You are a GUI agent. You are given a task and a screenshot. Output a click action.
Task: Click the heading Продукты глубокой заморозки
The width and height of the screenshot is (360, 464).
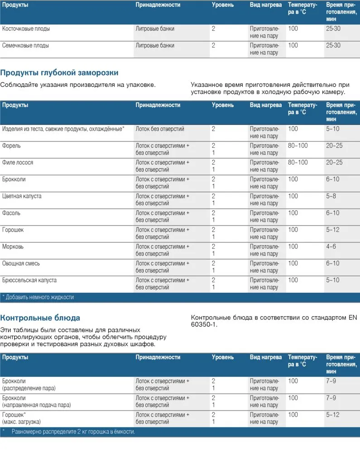pyautogui.click(x=59, y=72)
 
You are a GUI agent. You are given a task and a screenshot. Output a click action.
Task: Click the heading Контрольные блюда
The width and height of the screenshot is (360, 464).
pyautogui.click(x=40, y=318)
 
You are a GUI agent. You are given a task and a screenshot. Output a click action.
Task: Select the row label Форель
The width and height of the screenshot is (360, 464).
pyautogui.click(x=11, y=146)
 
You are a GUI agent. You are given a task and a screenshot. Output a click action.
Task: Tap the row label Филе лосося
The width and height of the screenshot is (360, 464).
pyautogui.click(x=18, y=163)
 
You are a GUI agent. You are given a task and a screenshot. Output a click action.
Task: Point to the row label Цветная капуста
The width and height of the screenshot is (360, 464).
pyautogui.click(x=22, y=196)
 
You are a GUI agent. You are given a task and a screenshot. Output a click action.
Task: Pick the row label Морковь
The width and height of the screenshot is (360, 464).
pyautogui.click(x=13, y=246)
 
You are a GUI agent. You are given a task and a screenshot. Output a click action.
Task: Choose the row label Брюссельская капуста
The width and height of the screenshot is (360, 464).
pyautogui.click(x=29, y=280)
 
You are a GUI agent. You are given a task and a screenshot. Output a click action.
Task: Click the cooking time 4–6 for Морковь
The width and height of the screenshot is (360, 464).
pyautogui.click(x=331, y=246)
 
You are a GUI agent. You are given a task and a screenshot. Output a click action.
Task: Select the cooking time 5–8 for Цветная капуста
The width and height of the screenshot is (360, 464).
pyautogui.click(x=331, y=196)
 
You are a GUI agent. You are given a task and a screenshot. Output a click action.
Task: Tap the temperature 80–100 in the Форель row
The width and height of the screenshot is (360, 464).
pyautogui.click(x=298, y=146)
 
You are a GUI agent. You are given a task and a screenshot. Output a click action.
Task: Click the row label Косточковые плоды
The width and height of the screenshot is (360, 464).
pyautogui.click(x=26, y=29)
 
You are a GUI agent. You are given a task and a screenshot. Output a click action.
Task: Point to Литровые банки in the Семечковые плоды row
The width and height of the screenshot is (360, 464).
pyautogui.click(x=155, y=45)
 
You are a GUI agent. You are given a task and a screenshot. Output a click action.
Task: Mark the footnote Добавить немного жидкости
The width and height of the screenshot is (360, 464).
pyautogui.click(x=39, y=297)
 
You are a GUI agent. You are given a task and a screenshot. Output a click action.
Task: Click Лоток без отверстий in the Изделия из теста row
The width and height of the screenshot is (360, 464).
pyautogui.click(x=160, y=129)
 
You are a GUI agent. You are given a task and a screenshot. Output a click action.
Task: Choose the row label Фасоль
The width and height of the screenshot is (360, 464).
pyautogui.click(x=11, y=213)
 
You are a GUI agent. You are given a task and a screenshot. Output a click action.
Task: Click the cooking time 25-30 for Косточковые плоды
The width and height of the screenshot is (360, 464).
pyautogui.click(x=333, y=29)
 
